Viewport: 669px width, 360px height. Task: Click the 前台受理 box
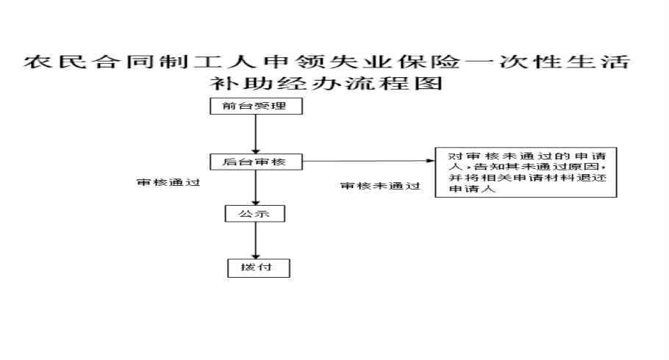coord(255,107)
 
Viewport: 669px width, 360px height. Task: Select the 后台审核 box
coord(255,162)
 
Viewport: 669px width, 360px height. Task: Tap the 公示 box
coord(255,214)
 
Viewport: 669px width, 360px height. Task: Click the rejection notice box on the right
coord(525,173)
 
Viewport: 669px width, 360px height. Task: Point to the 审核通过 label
coord(169,181)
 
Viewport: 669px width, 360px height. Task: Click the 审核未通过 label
coord(380,187)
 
